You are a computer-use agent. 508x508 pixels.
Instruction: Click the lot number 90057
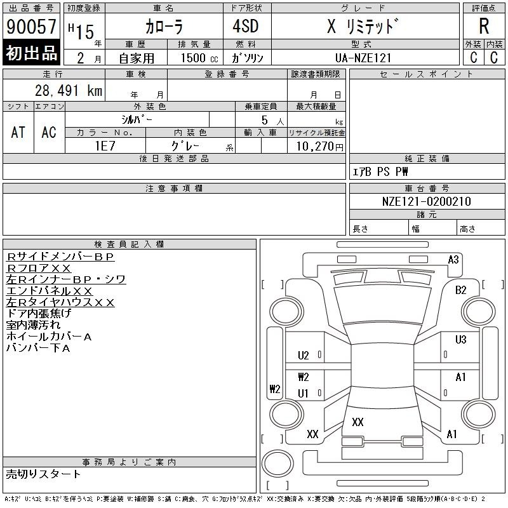[31, 27]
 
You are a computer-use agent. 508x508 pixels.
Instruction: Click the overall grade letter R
[484, 27]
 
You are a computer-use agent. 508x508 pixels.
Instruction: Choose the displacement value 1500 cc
[189, 58]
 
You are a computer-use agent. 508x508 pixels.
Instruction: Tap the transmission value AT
[18, 132]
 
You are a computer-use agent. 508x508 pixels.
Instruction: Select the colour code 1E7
[104, 145]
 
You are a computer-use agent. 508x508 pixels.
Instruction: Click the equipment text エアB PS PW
[380, 171]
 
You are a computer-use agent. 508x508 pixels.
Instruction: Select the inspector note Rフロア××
[39, 268]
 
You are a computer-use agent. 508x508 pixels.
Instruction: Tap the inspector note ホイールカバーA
[49, 337]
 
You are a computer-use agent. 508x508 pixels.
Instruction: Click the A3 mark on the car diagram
[453, 259]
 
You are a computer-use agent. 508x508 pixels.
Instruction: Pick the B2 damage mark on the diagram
[461, 290]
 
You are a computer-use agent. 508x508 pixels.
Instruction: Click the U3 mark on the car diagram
[461, 340]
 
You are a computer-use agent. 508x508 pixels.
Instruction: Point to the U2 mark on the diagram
[304, 356]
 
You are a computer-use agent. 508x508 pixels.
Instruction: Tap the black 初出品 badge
[31, 53]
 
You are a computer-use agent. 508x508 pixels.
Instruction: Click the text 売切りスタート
[44, 474]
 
